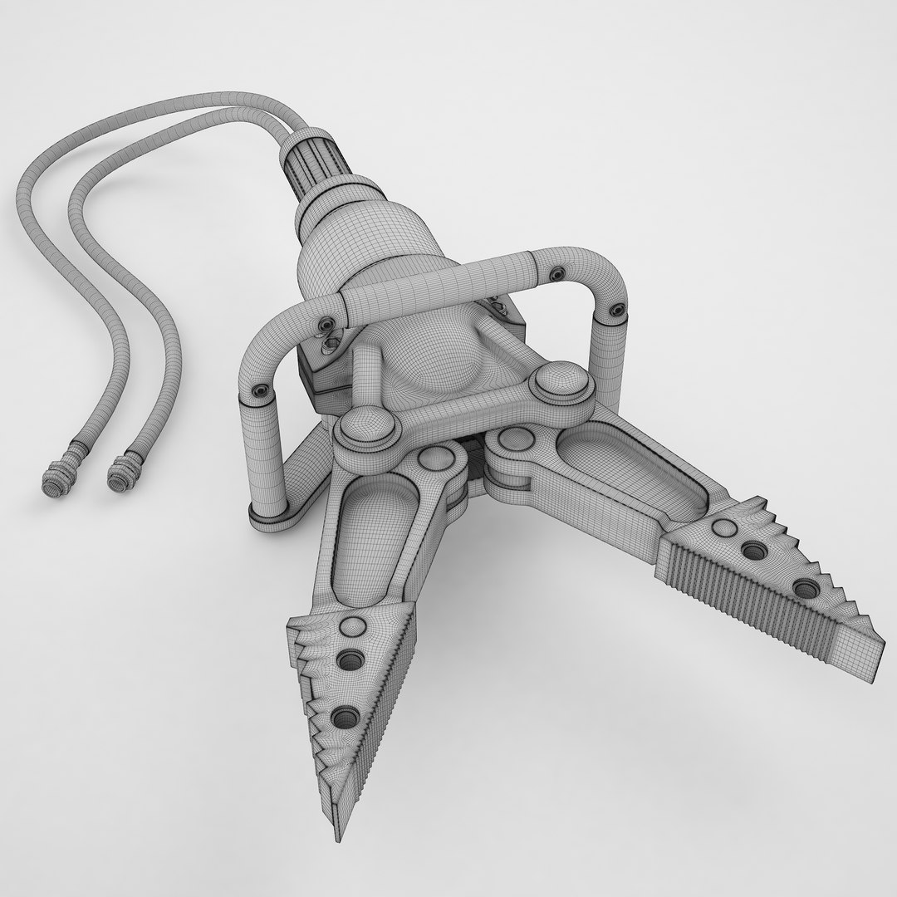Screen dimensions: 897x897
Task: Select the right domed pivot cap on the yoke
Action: pyautogui.click(x=557, y=384)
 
